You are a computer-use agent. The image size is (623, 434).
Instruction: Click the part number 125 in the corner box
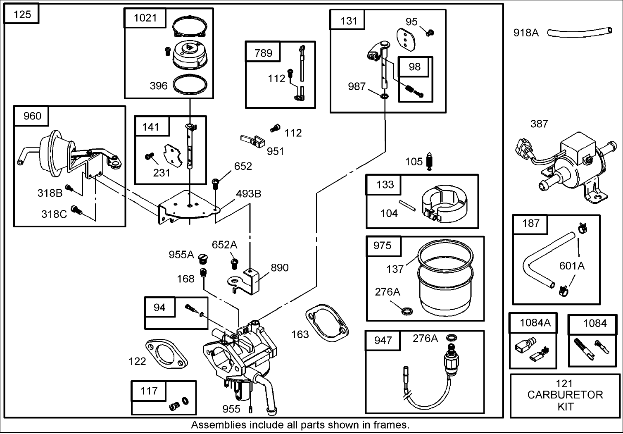click(x=22, y=14)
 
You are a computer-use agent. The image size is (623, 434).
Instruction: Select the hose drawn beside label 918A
click(x=579, y=32)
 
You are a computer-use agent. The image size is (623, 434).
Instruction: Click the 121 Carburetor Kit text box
click(x=565, y=395)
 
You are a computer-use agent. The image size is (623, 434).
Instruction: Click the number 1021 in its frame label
click(x=145, y=18)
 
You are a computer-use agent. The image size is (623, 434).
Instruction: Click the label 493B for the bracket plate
click(x=248, y=193)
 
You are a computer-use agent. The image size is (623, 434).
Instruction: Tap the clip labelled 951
click(x=252, y=141)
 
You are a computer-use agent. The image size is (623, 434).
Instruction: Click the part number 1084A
click(x=535, y=323)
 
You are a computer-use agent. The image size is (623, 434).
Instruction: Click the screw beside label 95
click(x=430, y=32)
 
